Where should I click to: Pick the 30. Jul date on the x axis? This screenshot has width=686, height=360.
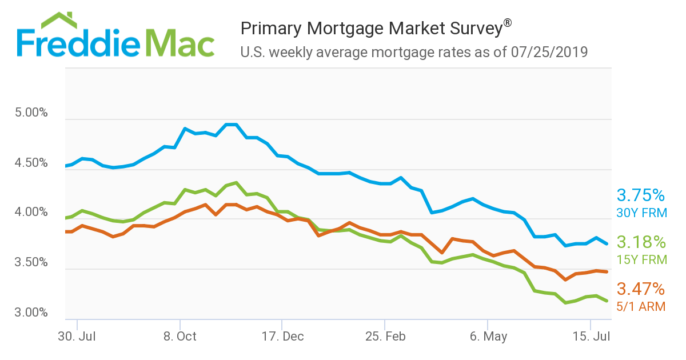77,336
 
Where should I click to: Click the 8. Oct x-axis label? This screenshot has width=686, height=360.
180,336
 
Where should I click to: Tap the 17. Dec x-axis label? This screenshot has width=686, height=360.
282,336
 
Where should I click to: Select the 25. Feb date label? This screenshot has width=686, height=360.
385,336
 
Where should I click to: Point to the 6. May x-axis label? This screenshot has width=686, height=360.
488,336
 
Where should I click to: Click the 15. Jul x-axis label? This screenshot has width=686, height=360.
591,336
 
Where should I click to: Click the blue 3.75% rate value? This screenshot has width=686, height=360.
641,195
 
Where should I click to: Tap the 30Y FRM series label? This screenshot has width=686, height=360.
641,213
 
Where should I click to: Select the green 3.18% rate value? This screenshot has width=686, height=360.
641,242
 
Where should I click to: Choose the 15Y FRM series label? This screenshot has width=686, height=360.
641,259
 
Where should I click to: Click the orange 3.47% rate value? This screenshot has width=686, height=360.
641,289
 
